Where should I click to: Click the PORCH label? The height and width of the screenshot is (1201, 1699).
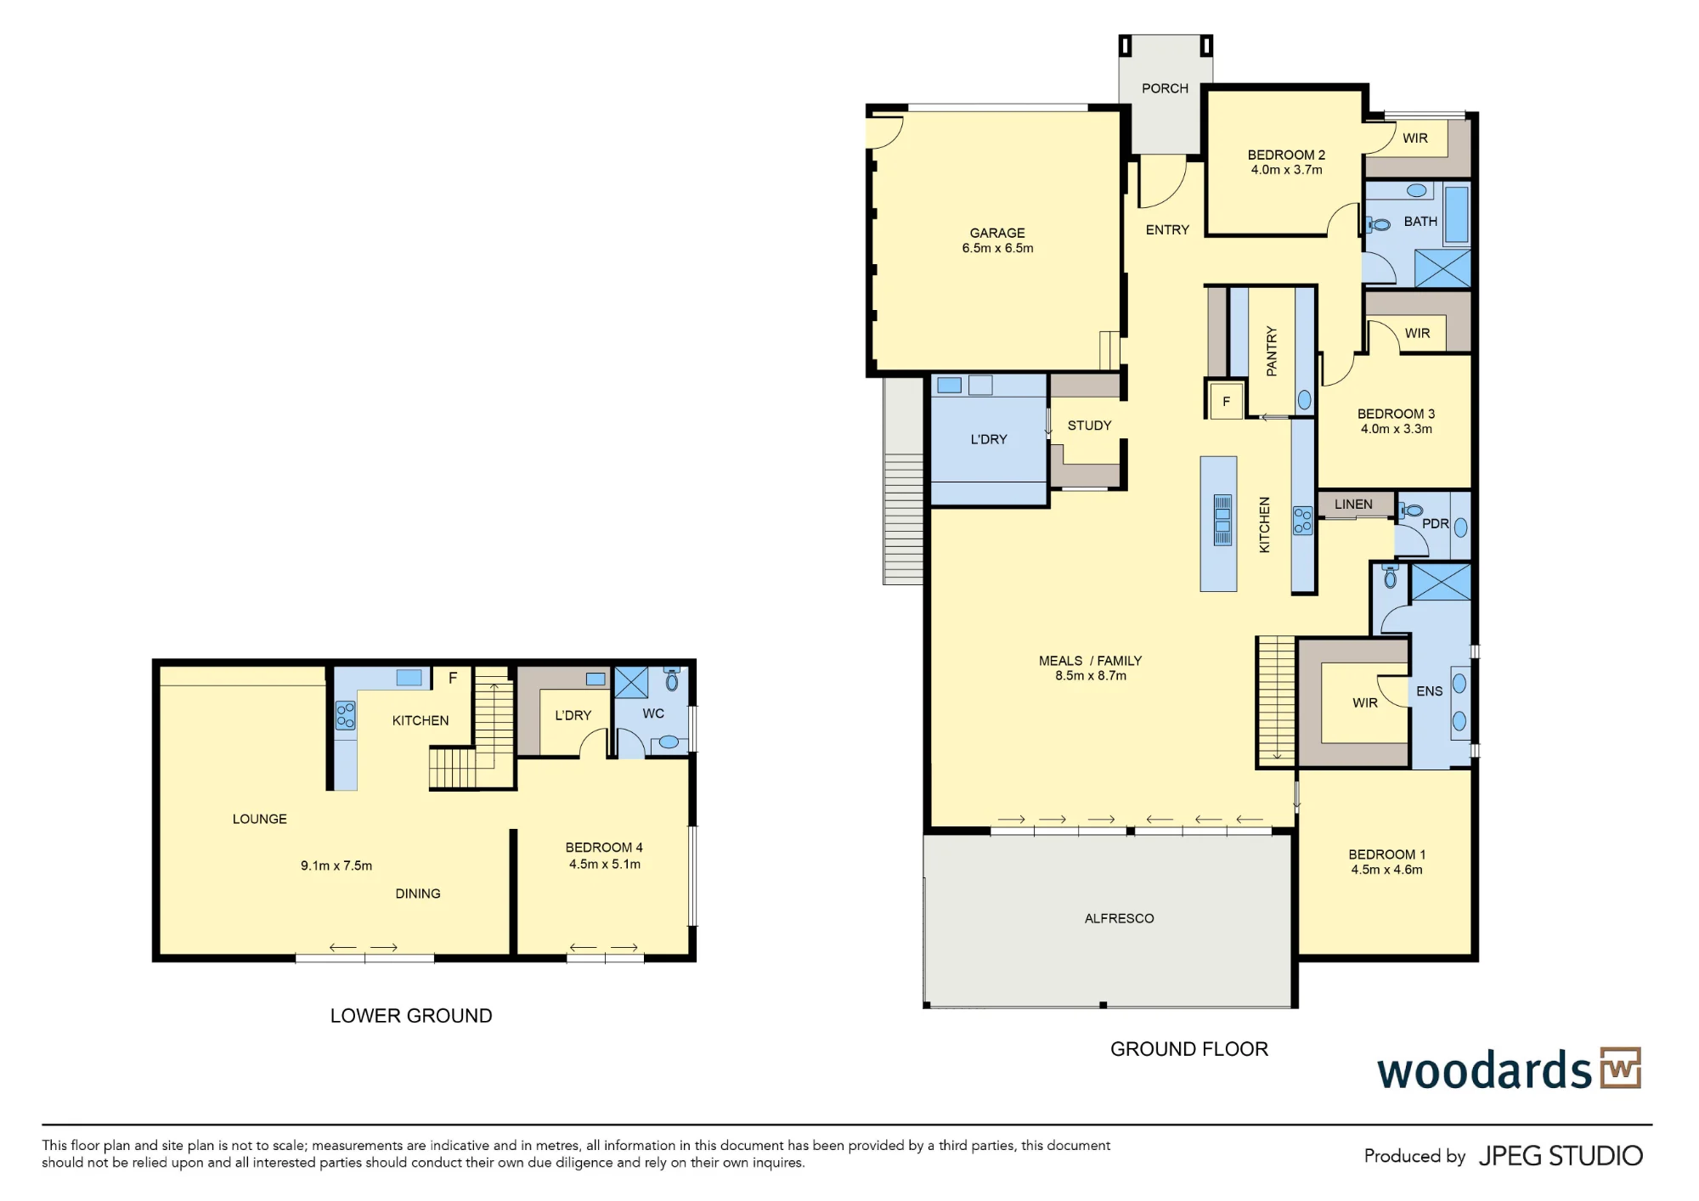[1165, 88]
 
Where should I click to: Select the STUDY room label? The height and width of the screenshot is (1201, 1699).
[1089, 426]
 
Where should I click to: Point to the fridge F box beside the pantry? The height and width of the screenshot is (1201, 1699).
[1226, 401]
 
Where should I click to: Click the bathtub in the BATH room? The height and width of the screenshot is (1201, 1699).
[1456, 216]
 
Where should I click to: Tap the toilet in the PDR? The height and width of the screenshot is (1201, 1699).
[1409, 510]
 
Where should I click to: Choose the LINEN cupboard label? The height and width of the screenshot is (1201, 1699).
[1353, 505]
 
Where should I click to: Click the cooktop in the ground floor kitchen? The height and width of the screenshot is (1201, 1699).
[1302, 521]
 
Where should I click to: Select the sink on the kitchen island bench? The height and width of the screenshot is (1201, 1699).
[1222, 520]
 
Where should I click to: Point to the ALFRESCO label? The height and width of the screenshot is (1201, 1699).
[1119, 918]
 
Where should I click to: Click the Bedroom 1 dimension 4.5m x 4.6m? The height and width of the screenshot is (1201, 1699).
[1386, 870]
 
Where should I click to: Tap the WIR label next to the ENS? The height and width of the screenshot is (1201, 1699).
[1364, 703]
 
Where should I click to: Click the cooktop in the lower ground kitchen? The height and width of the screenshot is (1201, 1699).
[345, 715]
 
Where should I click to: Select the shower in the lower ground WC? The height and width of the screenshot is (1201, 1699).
[631, 683]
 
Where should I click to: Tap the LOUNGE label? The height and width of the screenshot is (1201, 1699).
[260, 819]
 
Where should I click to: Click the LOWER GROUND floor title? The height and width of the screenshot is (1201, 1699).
[411, 1016]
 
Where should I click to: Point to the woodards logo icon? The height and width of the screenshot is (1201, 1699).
[1621, 1068]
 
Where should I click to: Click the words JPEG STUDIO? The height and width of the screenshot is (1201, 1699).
[1561, 1156]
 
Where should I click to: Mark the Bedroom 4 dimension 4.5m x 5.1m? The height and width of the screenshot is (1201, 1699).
[605, 865]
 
